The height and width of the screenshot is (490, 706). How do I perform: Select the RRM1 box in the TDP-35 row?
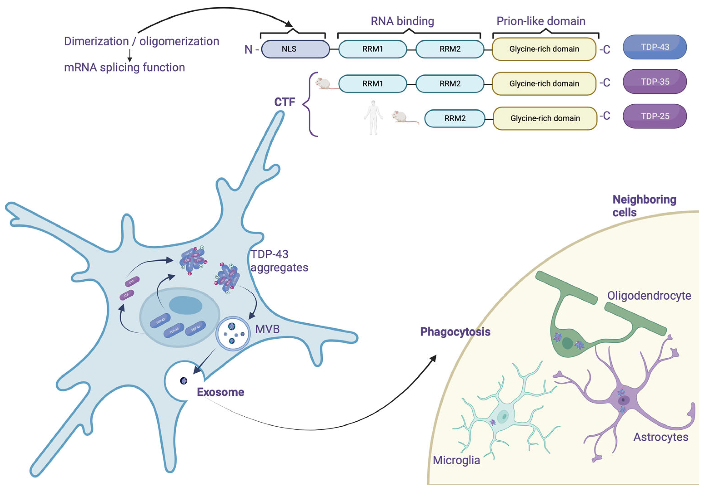click(372, 84)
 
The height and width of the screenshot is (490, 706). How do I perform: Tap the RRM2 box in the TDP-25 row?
click(455, 118)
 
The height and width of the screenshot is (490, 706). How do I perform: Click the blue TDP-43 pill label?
click(654, 47)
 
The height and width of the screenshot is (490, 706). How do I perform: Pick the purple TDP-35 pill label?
click(654, 82)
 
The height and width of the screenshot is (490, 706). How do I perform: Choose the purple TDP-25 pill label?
click(654, 116)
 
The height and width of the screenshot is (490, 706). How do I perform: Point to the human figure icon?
click(373, 117)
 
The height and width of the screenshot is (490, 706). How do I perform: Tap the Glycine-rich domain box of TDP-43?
click(544, 49)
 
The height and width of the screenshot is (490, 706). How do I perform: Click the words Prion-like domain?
click(541, 21)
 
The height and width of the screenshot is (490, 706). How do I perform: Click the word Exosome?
click(220, 392)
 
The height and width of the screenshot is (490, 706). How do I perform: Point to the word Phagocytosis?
click(455, 332)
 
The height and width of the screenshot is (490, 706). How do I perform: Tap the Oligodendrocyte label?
click(649, 296)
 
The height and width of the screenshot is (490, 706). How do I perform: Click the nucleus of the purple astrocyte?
click(624, 400)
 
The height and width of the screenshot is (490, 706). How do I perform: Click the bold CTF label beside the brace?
click(284, 102)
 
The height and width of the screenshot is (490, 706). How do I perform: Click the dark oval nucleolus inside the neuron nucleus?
click(186, 305)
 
